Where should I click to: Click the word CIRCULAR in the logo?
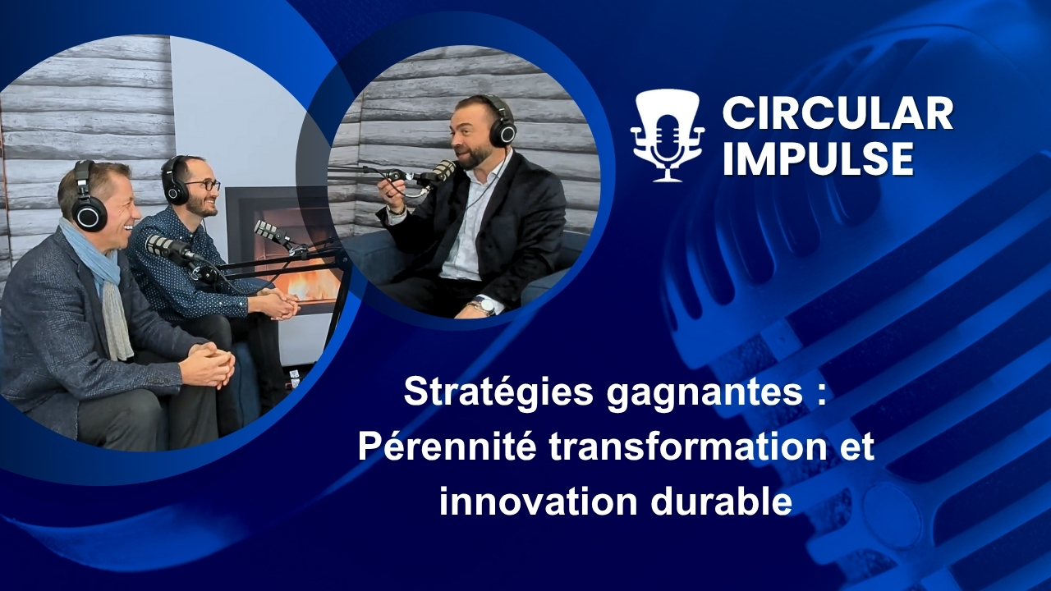838,113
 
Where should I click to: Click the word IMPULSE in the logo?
818,158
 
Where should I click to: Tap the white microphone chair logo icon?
668,135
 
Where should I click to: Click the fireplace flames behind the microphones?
308,283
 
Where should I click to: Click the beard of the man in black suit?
472,158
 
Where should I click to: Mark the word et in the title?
856,448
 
